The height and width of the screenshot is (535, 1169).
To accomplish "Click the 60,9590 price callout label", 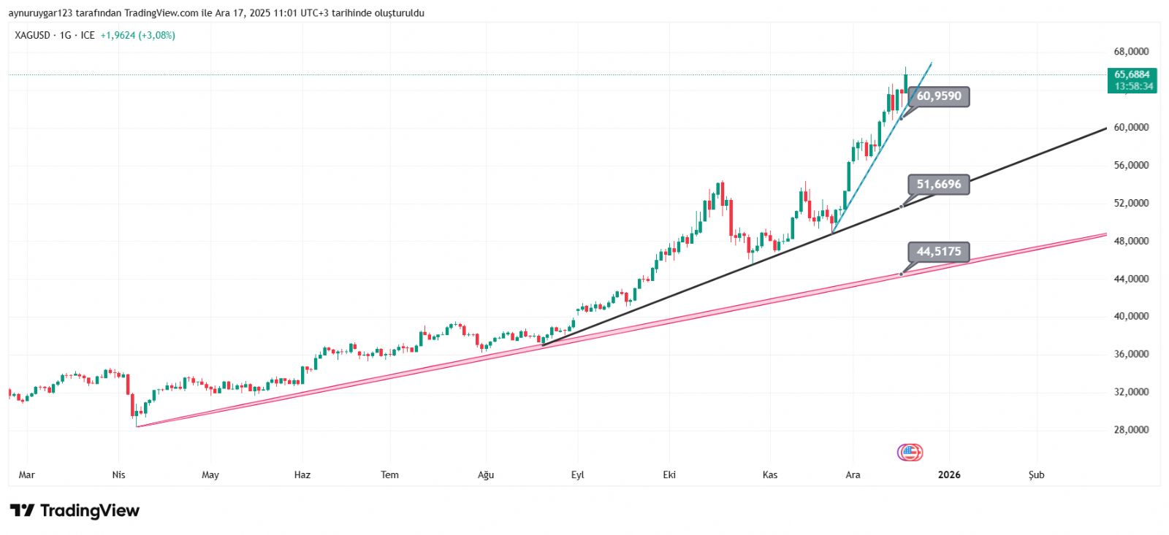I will pyautogui.click(x=939, y=96).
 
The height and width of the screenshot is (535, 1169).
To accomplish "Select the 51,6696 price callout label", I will pyautogui.click(x=939, y=185).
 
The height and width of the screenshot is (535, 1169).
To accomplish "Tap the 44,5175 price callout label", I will pyautogui.click(x=939, y=252).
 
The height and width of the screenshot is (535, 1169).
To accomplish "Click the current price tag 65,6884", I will pyautogui.click(x=1132, y=74).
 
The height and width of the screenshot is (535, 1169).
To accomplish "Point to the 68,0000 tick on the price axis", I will pyautogui.click(x=1131, y=52).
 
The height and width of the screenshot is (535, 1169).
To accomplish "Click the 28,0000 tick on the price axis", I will pyautogui.click(x=1131, y=430).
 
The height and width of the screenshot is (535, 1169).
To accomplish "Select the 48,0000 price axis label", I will pyautogui.click(x=1131, y=241).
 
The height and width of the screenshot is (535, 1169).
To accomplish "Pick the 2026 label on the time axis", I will pyautogui.click(x=949, y=475).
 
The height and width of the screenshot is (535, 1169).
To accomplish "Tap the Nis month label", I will pyautogui.click(x=118, y=475).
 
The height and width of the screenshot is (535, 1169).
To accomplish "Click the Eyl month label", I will pyautogui.click(x=577, y=475).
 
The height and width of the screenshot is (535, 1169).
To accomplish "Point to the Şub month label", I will pyautogui.click(x=1036, y=475).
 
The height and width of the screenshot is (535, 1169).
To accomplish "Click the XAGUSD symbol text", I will pyautogui.click(x=32, y=35).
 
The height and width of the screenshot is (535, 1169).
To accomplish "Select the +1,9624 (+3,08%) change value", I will pyautogui.click(x=137, y=35).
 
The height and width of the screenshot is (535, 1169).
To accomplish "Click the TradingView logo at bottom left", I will pyautogui.click(x=75, y=510).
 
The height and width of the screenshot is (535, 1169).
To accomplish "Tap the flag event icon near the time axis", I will pyautogui.click(x=910, y=453).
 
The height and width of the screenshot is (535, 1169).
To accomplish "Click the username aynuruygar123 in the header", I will pyautogui.click(x=40, y=13).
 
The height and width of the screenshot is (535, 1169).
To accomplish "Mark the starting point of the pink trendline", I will pyautogui.click(x=137, y=426).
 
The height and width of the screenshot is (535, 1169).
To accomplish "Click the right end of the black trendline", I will pyautogui.click(x=1106, y=128).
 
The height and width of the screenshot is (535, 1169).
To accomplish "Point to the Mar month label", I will pyautogui.click(x=26, y=475).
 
